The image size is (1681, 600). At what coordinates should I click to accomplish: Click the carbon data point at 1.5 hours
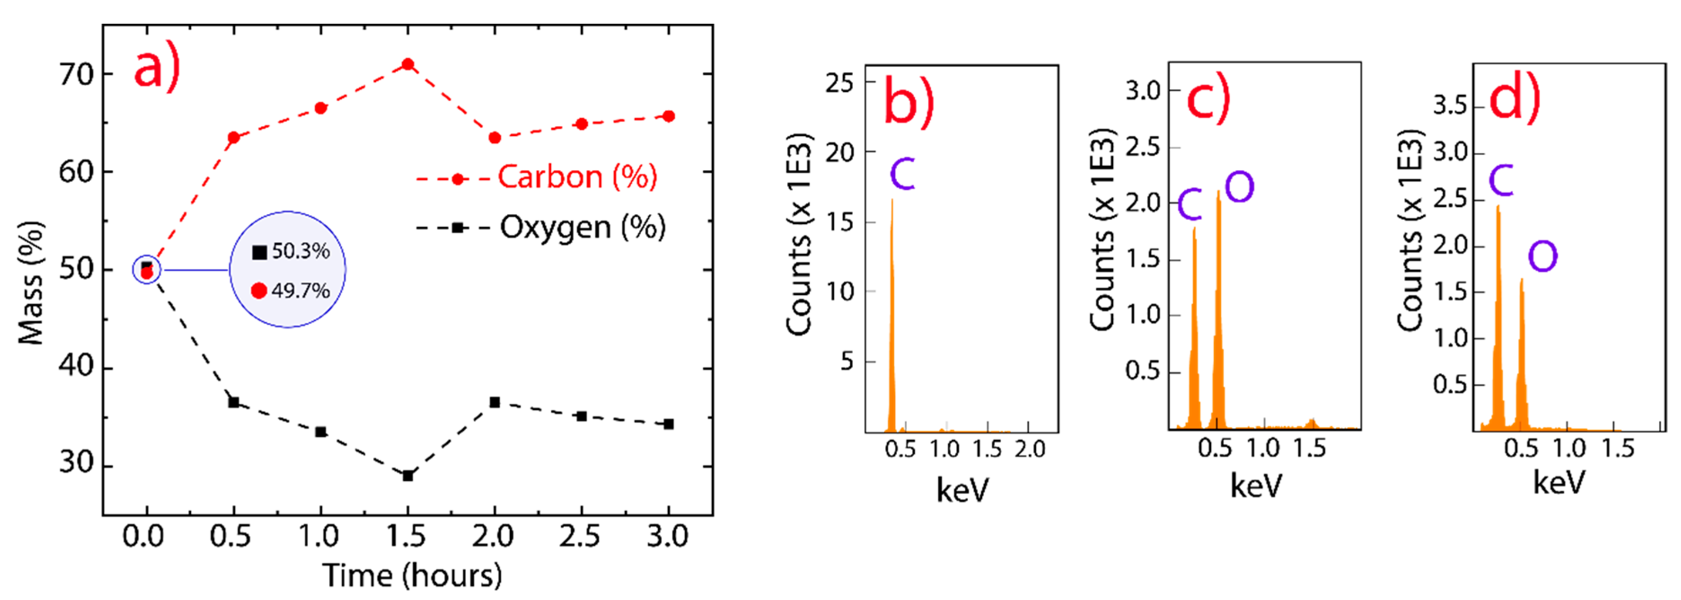[x=408, y=64]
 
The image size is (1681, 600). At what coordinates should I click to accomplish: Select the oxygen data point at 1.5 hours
[x=408, y=476]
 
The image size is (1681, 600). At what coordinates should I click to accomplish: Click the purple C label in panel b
[x=903, y=174]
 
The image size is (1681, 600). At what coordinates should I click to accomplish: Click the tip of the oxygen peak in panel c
[x=1218, y=192]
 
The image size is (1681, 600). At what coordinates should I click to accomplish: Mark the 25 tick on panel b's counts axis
[x=839, y=83]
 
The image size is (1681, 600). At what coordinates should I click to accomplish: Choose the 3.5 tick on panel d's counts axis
[x=1450, y=105]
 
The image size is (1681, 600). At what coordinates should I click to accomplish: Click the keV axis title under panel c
[x=1256, y=486]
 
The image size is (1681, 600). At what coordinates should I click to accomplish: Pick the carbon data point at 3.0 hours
[x=668, y=116]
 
